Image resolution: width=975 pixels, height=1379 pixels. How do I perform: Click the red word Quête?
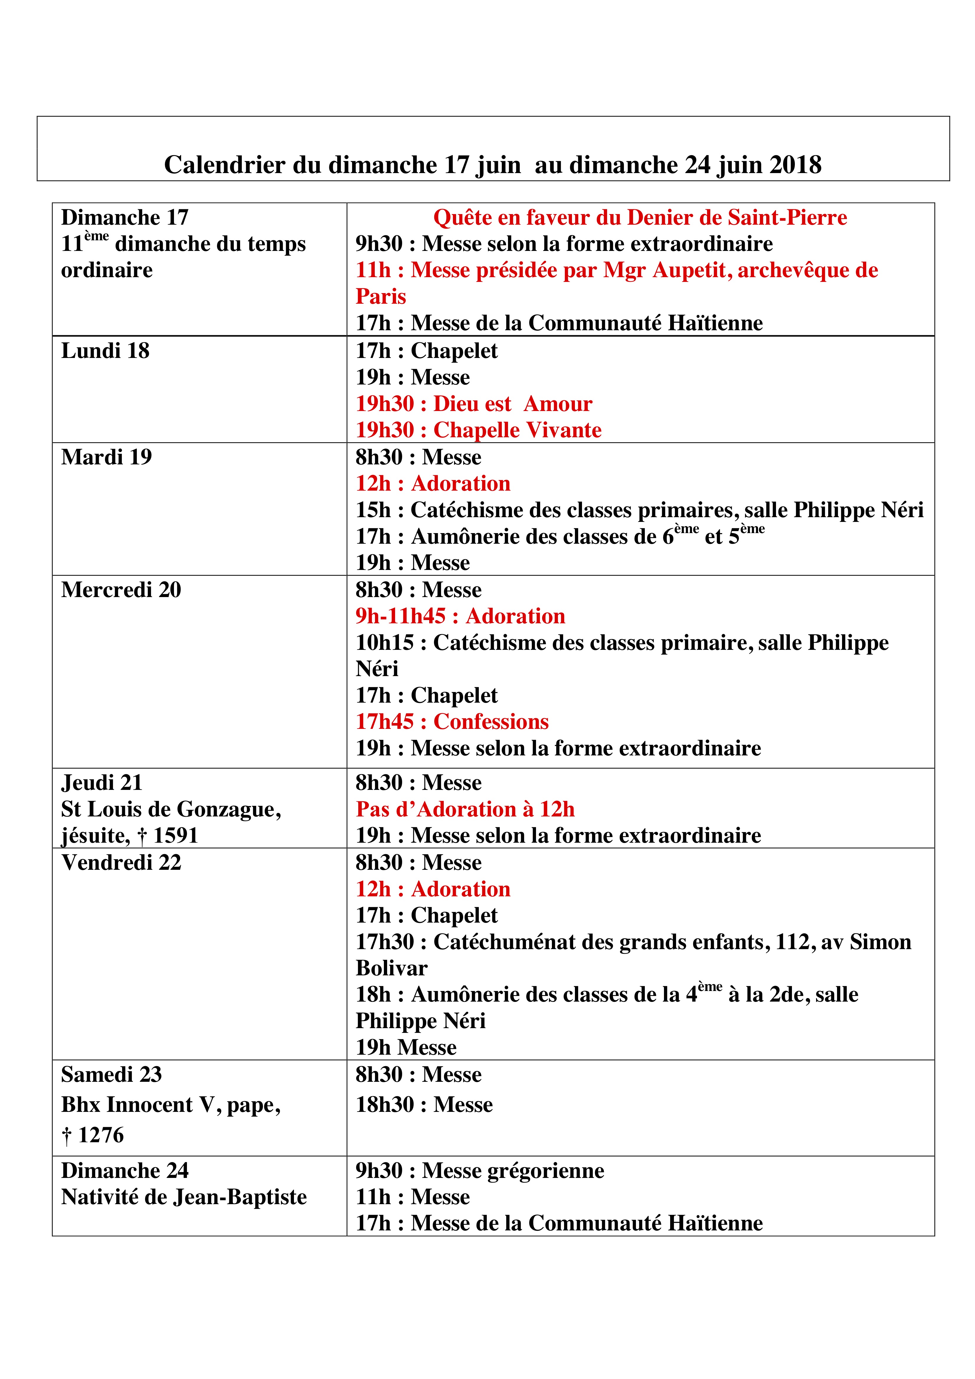coord(461,217)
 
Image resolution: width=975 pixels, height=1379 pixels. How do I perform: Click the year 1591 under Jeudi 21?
coord(175,835)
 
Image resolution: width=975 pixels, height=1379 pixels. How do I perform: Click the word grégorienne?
coord(545,1171)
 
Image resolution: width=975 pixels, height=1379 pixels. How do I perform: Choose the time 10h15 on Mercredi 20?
coord(384,643)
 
